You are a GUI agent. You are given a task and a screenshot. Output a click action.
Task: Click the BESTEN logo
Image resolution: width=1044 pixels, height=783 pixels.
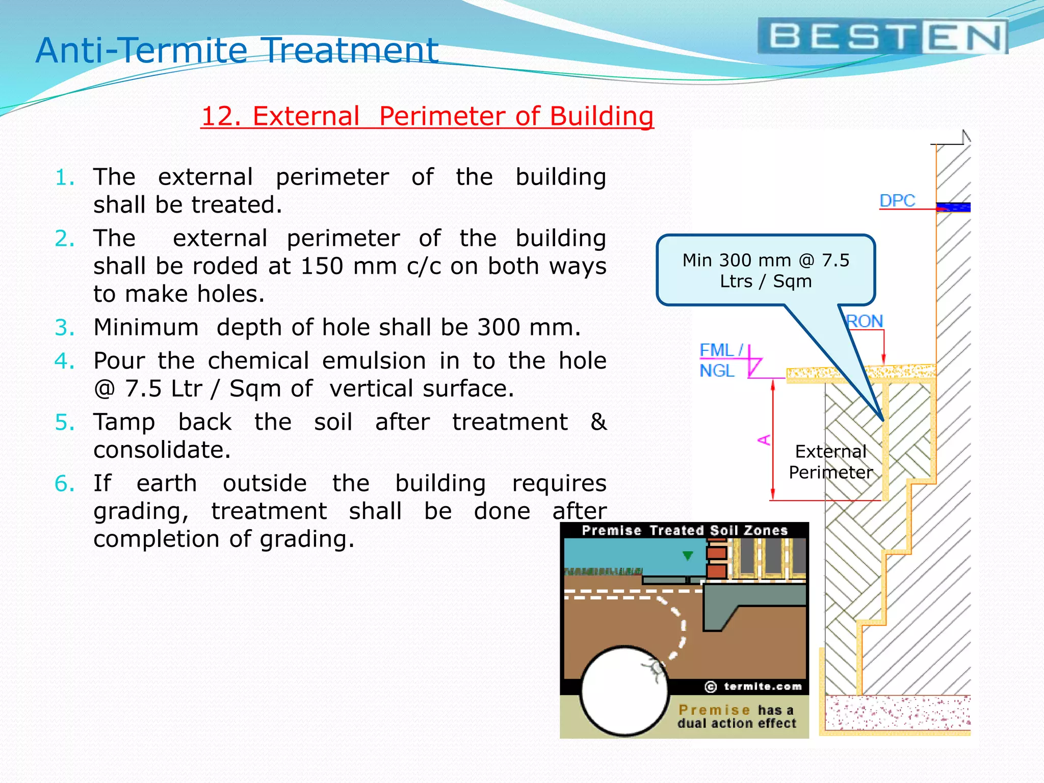pyautogui.click(x=882, y=37)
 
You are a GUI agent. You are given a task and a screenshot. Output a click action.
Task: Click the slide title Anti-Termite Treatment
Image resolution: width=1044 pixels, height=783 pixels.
pyautogui.click(x=237, y=50)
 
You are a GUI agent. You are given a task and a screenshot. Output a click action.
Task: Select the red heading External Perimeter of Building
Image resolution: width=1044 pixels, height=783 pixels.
pyautogui.click(x=427, y=116)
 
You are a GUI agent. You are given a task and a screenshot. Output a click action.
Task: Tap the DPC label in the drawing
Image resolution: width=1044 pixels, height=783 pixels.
pyautogui.click(x=897, y=200)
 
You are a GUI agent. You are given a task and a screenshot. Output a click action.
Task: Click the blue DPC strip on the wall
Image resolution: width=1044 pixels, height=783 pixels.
pyautogui.click(x=954, y=207)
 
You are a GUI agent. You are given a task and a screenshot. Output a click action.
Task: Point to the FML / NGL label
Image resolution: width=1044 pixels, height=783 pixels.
pyautogui.click(x=720, y=360)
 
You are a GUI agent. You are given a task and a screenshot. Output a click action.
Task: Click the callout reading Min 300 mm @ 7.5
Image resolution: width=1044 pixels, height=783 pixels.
pyautogui.click(x=766, y=271)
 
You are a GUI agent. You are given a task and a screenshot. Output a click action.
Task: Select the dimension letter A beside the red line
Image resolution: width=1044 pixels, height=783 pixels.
pyautogui.click(x=764, y=439)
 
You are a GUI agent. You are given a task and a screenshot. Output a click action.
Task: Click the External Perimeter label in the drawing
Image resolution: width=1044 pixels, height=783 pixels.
pyautogui.click(x=830, y=462)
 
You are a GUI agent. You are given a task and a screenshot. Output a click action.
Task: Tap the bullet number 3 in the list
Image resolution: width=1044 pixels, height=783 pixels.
pyautogui.click(x=65, y=327)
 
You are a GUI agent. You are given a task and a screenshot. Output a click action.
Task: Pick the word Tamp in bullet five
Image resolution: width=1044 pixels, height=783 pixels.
pyautogui.click(x=124, y=422)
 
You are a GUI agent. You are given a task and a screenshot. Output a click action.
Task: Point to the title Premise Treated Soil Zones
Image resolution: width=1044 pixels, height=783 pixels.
pyautogui.click(x=685, y=531)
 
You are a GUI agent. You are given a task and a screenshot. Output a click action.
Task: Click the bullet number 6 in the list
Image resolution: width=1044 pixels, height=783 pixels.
pyautogui.click(x=65, y=483)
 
